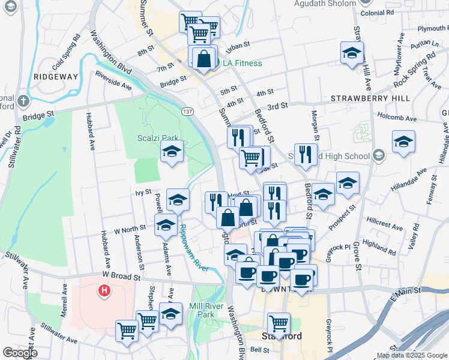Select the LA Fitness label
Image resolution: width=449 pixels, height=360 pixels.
pyautogui.click(x=243, y=63)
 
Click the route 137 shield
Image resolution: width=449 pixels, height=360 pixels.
pyautogui.click(x=188, y=112)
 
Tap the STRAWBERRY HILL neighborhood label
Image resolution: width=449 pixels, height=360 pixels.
pyautogui.click(x=370, y=98)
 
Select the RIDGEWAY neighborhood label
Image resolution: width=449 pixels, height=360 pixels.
pyautogui.click(x=56, y=77)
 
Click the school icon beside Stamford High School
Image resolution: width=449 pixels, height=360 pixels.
pyautogui.click(x=378, y=157)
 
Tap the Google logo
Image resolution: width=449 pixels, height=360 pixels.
pyautogui.click(x=19, y=353)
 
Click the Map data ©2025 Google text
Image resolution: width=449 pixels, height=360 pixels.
pyautogui.click(x=412, y=355)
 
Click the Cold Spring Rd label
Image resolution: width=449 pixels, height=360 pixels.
pyautogui.click(x=66, y=50)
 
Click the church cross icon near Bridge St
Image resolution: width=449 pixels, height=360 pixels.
pyautogui.click(x=23, y=100)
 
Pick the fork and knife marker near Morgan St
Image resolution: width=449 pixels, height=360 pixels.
pyautogui.click(x=306, y=154)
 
